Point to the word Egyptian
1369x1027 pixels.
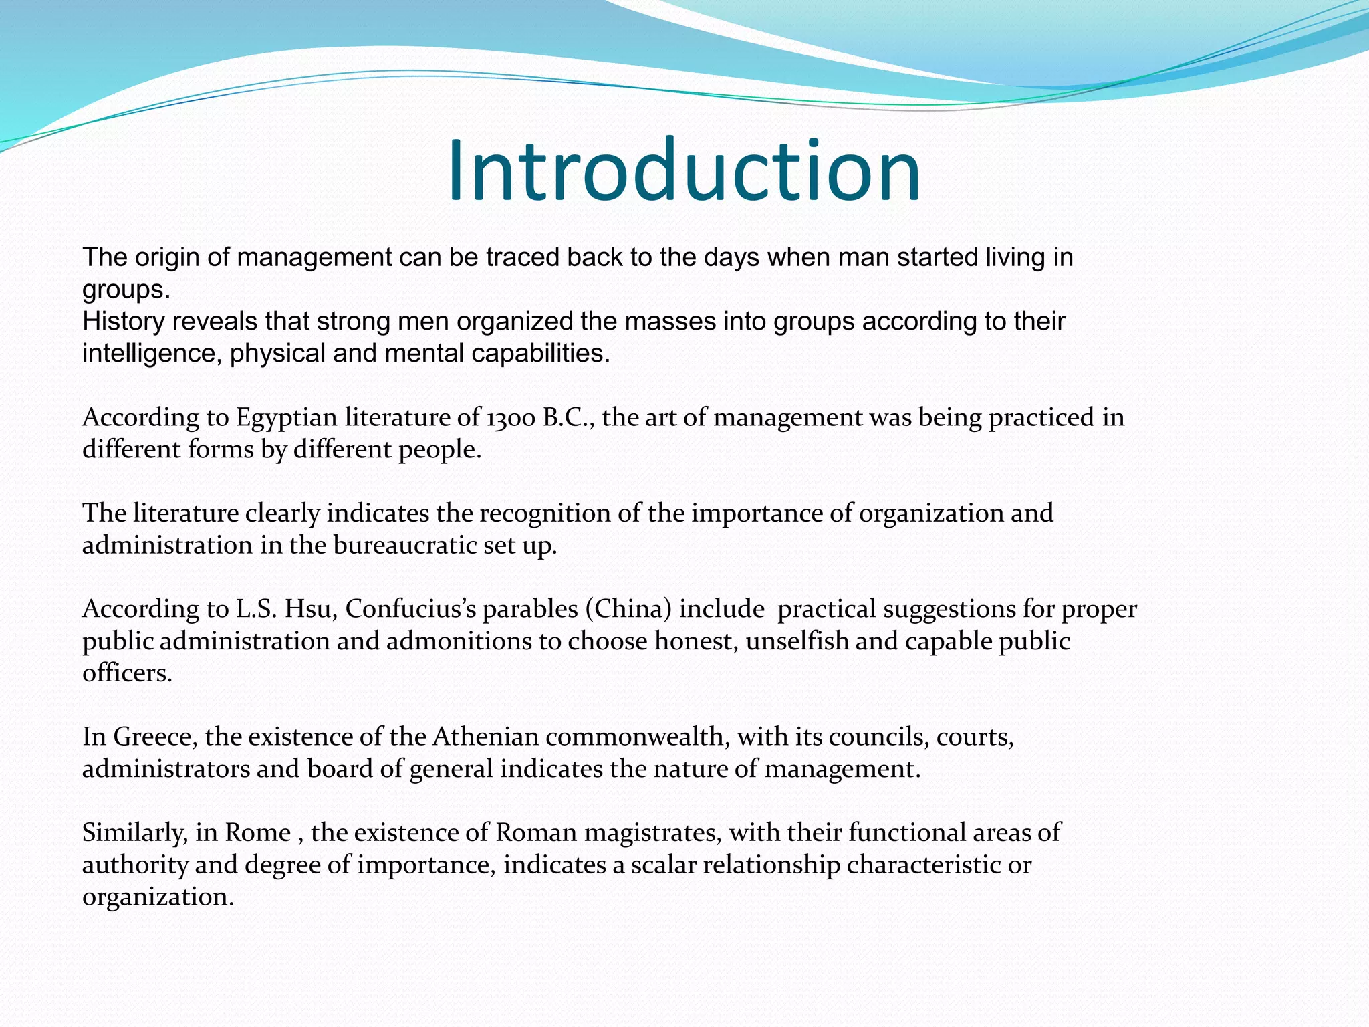287,418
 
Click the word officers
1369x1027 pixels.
127,673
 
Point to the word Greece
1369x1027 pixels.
154,737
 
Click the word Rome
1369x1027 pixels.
257,833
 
